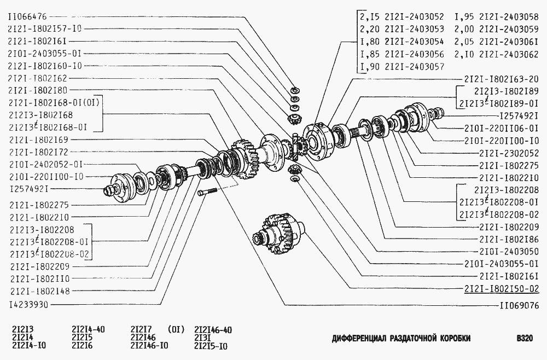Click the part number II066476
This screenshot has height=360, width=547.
[x=27, y=16]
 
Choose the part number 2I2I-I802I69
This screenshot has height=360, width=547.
[x=39, y=140]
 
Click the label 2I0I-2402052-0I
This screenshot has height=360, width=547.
[x=46, y=164]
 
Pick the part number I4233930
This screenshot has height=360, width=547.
[x=29, y=305]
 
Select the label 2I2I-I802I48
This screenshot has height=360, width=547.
[x=40, y=291]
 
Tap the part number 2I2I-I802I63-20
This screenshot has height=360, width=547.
[x=502, y=79]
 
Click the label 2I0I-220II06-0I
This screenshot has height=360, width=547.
[x=502, y=128]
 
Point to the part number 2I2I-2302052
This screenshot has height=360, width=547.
[x=509, y=153]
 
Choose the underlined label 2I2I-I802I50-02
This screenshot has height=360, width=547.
[x=502, y=289]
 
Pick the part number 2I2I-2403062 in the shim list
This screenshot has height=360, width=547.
[x=509, y=54]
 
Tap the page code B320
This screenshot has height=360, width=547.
[x=525, y=338]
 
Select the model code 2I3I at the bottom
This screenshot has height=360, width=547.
[x=203, y=338]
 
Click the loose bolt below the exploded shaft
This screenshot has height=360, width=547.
[x=207, y=192]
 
